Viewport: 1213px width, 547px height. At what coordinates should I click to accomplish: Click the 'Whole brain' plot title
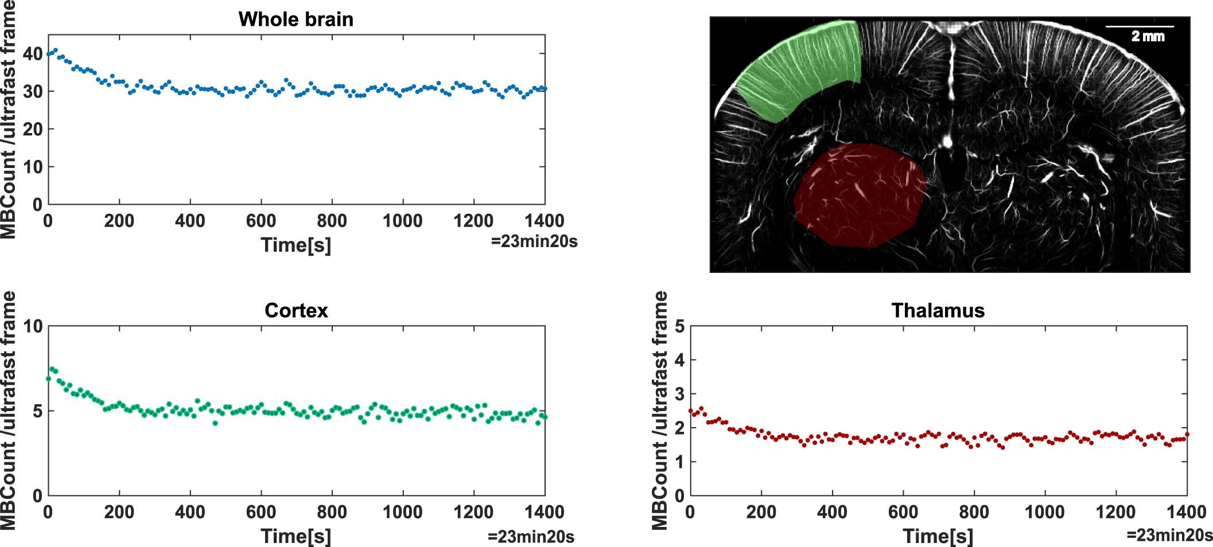296,19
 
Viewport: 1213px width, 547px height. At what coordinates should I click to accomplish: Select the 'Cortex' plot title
296,311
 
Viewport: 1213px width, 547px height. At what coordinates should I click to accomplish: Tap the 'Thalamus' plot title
938,311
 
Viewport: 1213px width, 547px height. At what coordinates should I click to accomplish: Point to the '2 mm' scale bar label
1148,37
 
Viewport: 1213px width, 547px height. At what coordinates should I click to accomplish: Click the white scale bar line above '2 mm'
1140,26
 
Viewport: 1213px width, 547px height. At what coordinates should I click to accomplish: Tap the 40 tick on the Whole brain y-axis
33,54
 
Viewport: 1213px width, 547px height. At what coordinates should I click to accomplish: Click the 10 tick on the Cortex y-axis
33,327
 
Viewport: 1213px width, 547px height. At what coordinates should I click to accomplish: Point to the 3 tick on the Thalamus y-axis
679,394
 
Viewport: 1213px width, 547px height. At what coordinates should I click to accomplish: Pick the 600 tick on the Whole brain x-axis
261,221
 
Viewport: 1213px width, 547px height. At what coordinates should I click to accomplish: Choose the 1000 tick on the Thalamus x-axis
1044,512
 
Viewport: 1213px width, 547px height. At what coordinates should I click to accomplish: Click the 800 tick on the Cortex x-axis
332,512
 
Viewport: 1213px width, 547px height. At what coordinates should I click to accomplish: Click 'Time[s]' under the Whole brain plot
296,245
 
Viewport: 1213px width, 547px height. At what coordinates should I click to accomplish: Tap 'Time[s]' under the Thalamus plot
938,537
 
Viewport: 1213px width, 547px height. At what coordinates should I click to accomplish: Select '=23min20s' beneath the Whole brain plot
534,242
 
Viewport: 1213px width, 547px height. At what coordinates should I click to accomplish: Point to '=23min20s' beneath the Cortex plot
531,537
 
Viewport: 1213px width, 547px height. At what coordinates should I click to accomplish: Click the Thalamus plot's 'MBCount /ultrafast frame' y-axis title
660,410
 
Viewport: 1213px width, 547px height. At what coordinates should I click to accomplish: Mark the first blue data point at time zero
49,54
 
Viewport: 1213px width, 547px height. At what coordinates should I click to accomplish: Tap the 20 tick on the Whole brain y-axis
33,130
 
